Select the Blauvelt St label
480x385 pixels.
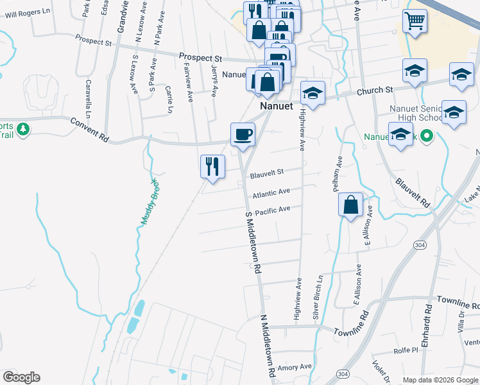pos(267,174)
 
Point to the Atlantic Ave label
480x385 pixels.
pos(271,191)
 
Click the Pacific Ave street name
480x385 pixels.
pos(273,209)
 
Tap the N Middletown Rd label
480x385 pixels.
pos(268,345)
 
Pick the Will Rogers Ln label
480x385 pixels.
pos(27,13)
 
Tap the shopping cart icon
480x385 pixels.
pos(415,21)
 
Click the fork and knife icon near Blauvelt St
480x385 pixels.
pos(212,166)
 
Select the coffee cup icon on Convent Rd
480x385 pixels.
pos(243,135)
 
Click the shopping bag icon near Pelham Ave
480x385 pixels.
pos(350,205)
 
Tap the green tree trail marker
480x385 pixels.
pos(23,130)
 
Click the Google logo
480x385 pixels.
pos(21,377)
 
